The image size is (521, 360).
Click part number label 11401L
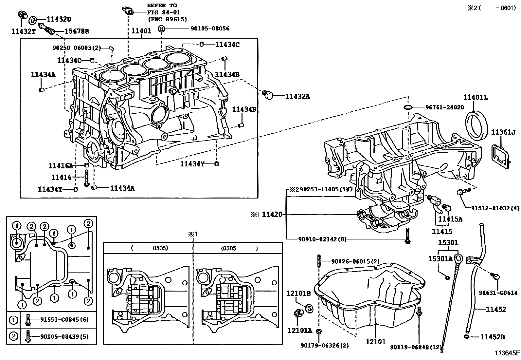pos(475,97)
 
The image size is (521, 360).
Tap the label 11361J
pos(503,132)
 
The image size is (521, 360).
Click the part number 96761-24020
pos(444,107)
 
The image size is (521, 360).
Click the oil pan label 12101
pos(376,342)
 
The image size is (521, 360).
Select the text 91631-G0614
pos(498,293)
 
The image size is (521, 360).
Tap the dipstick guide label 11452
pos(496,309)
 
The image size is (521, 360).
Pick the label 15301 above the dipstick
pos(448,243)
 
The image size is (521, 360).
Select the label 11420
pos(272,215)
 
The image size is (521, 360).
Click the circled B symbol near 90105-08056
pos(161,29)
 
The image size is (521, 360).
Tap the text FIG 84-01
pos(162,12)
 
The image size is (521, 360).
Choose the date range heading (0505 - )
pos(239,248)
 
